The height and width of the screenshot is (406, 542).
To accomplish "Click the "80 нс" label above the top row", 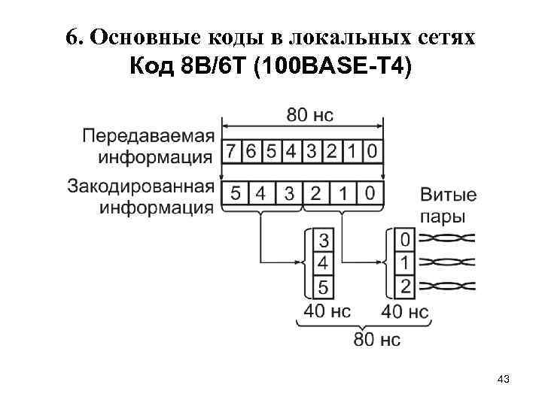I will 309,115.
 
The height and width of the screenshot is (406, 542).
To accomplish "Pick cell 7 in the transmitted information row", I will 232,151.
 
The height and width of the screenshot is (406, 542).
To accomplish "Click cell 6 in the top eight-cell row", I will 251,151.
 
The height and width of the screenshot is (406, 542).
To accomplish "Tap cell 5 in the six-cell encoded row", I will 235,193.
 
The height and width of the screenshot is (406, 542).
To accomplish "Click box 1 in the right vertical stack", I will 406,263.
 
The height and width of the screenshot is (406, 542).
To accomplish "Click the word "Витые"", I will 448,195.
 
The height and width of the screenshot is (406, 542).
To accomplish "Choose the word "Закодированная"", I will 141,186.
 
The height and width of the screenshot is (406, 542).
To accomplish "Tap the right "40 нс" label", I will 405,311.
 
